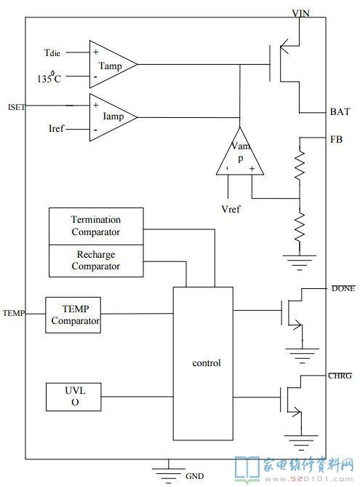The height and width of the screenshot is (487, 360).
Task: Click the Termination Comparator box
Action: (96, 226)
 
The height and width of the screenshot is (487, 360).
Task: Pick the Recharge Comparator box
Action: (96, 261)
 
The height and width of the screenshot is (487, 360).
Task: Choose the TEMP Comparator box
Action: (73, 315)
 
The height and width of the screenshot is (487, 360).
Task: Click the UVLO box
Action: (73, 397)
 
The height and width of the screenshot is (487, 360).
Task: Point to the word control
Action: (207, 363)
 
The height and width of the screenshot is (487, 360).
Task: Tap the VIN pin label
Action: (300, 13)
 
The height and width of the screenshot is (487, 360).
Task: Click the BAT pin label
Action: (340, 111)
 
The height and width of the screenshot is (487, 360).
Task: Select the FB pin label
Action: (337, 139)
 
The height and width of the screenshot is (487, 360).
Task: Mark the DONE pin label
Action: (343, 288)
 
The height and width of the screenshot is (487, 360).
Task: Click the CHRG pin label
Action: (340, 376)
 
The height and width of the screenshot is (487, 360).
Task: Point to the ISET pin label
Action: (17, 107)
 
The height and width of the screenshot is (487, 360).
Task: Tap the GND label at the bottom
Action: (195, 476)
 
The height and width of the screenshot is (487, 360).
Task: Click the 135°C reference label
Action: (49, 77)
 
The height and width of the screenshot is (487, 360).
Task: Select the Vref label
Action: (231, 209)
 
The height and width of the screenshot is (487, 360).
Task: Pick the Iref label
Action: (56, 128)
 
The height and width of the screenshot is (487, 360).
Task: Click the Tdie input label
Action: (52, 53)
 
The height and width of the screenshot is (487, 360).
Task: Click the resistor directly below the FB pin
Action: (300, 165)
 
